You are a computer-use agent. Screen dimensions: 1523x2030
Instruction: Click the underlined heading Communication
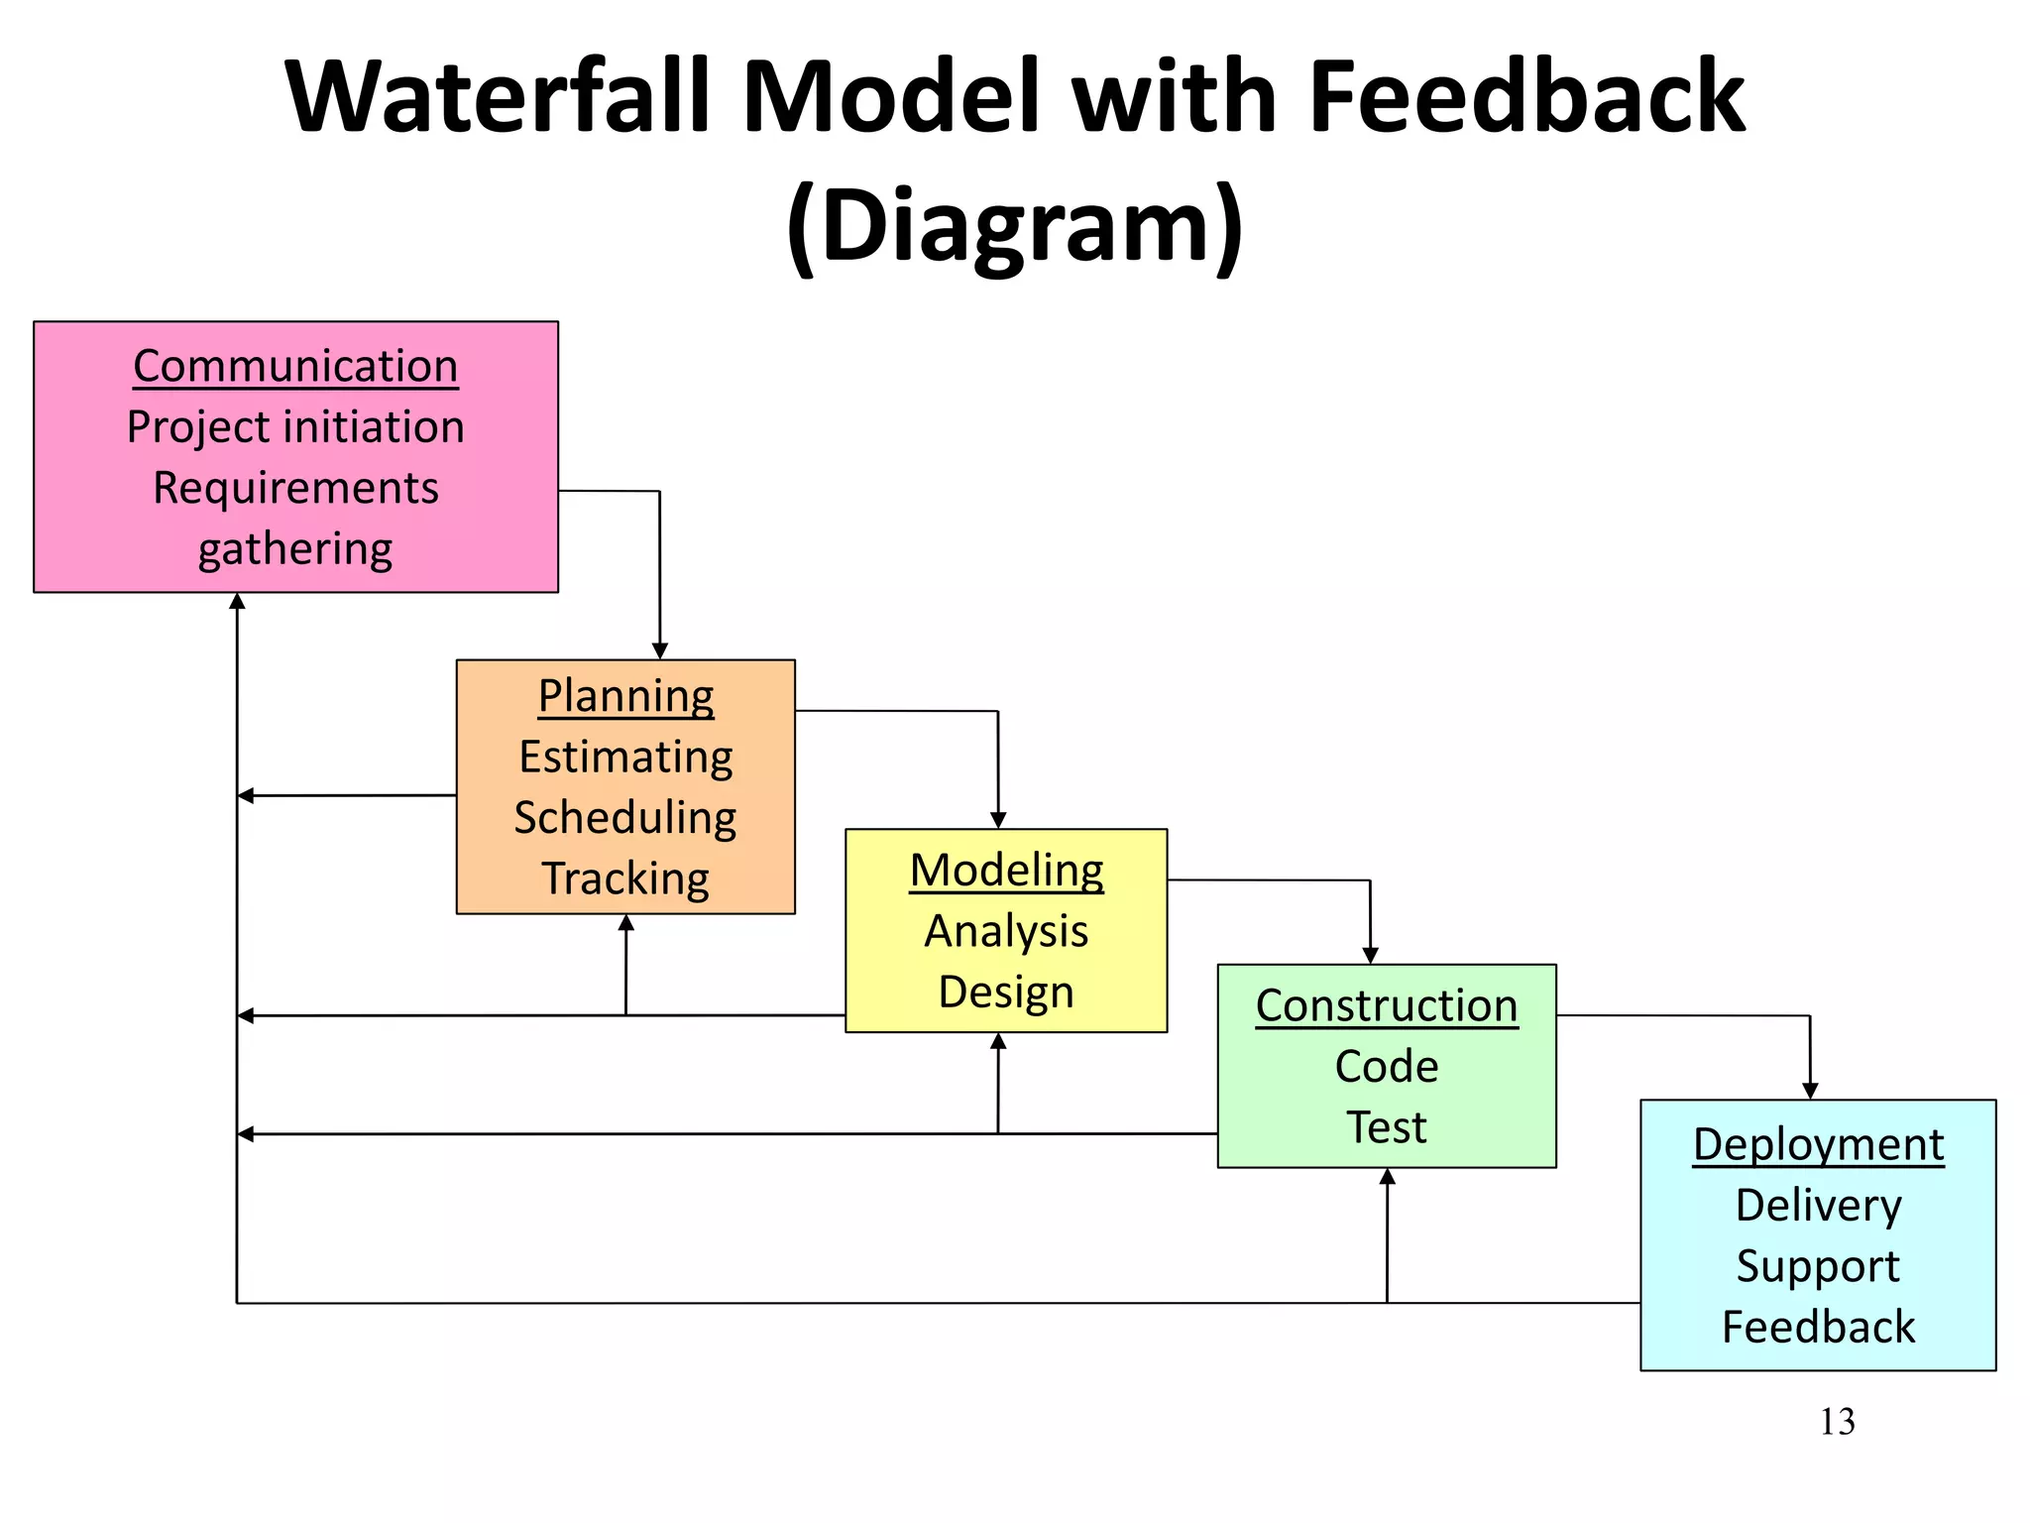click(295, 366)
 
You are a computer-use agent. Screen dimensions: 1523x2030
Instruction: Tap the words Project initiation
click(295, 427)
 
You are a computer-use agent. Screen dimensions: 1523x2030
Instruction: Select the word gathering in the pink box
click(295, 549)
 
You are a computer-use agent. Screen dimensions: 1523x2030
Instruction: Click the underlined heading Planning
click(625, 696)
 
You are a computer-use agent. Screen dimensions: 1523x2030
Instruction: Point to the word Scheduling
click(625, 818)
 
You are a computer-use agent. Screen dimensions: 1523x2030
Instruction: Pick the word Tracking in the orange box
click(625, 879)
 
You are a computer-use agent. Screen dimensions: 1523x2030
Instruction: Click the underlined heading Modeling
click(1006, 871)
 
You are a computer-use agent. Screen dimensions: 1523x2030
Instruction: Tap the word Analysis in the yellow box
click(1006, 931)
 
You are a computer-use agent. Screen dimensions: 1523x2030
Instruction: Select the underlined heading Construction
click(1387, 1005)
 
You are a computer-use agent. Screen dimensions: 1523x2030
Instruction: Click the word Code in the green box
click(1387, 1067)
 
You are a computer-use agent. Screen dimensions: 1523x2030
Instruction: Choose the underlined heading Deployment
click(1818, 1144)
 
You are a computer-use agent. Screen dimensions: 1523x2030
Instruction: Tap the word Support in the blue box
click(1818, 1266)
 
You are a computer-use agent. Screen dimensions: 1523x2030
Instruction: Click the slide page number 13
click(1837, 1422)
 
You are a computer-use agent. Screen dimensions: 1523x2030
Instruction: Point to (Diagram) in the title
click(1015, 225)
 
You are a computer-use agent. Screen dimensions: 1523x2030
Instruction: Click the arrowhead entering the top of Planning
click(660, 651)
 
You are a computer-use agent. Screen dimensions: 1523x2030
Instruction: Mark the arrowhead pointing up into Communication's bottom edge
click(237, 601)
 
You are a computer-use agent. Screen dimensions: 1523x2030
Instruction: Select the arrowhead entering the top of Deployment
click(1810, 1091)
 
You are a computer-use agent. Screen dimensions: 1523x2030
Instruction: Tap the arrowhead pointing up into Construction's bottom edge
click(1388, 1176)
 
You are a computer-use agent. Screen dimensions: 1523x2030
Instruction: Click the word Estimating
click(625, 758)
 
